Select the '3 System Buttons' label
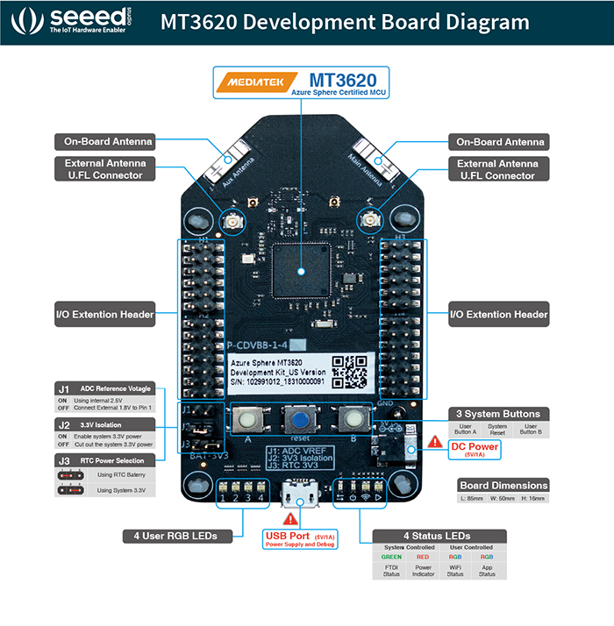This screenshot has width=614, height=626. coord(496,414)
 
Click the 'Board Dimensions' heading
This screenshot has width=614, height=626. coord(503,486)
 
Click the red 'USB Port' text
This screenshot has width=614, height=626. coord(289,535)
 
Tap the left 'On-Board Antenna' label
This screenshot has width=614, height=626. coord(107,141)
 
